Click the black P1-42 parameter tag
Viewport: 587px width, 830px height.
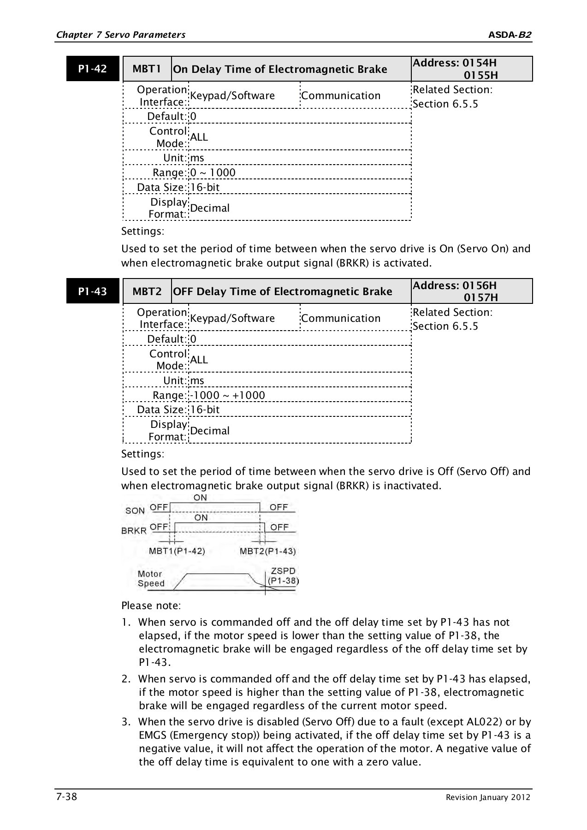coord(93,69)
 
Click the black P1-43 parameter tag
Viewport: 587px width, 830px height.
coord(93,291)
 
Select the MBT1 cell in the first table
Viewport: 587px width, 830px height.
coord(147,69)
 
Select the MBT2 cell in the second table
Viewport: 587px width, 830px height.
coord(147,291)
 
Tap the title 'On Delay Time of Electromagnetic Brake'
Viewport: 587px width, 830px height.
coord(280,69)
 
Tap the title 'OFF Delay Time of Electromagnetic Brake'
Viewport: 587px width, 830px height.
coord(282,291)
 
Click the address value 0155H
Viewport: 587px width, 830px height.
coord(480,75)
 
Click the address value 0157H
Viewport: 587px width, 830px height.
coord(480,298)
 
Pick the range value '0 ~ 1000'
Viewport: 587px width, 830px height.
coord(213,173)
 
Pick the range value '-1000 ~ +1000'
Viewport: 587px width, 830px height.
coord(227,396)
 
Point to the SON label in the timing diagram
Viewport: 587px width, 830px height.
coord(135,510)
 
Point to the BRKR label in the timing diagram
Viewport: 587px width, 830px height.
coord(134,531)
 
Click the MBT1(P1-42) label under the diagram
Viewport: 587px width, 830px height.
coord(177,551)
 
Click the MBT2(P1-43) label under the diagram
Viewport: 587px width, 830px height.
coord(268,551)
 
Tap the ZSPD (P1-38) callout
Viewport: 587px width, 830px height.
coord(283,576)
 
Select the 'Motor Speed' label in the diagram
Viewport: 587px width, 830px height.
coord(151,579)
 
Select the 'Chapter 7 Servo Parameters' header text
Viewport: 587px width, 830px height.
coord(120,35)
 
